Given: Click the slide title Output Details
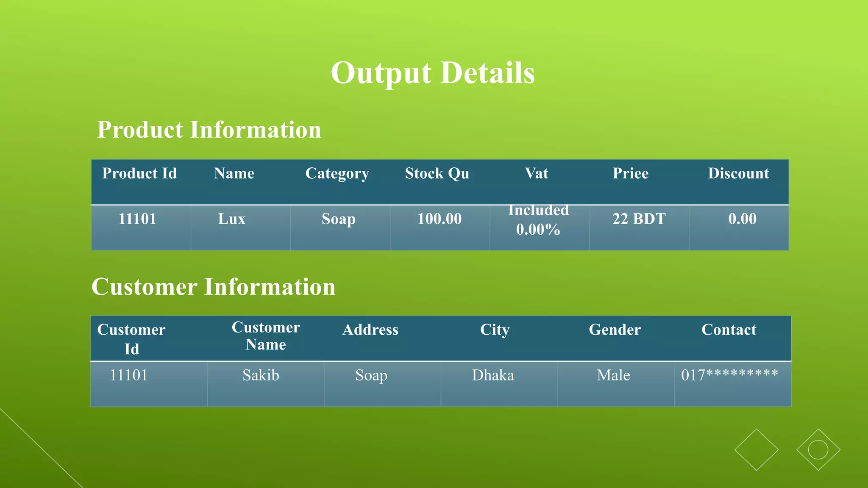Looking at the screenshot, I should [x=433, y=73].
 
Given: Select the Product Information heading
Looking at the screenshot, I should [x=209, y=130].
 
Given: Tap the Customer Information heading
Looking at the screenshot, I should [x=213, y=287].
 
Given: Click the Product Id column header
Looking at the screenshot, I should [x=139, y=174].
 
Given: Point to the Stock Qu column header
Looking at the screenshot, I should [x=437, y=174].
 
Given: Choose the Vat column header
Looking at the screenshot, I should [x=537, y=174].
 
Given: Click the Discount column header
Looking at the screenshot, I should [x=738, y=174].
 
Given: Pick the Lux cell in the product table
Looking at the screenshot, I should [x=232, y=219].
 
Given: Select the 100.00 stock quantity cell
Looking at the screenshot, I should [x=440, y=219].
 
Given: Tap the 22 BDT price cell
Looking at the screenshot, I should [x=639, y=219].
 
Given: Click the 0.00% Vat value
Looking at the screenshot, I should [x=538, y=230].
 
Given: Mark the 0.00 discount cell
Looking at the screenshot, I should [x=742, y=219].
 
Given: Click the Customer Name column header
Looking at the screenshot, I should [x=266, y=336].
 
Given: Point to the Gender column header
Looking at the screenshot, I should [x=615, y=330].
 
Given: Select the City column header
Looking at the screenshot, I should [x=495, y=330].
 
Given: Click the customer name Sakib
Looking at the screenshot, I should [x=261, y=375].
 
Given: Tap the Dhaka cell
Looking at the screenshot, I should [x=493, y=375].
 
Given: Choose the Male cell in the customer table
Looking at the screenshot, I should [x=613, y=375].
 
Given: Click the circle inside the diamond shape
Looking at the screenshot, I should [x=818, y=450].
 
